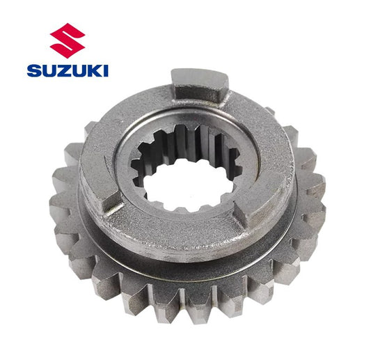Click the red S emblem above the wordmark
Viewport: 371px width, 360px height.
68,40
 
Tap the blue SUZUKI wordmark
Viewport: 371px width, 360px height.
68,70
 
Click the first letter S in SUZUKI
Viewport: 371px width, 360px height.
34,70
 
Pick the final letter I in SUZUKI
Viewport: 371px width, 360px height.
106,70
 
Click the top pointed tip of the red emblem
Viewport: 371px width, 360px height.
68,23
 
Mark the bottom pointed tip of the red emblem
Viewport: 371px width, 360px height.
67,58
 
